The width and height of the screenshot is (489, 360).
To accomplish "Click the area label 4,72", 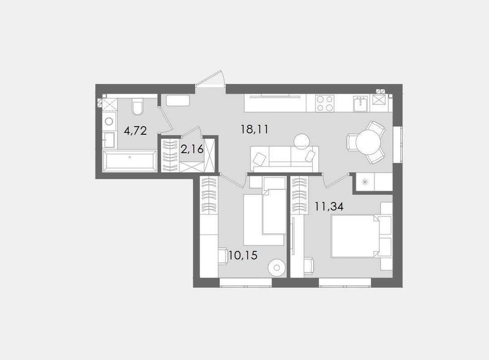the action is pos(135,131).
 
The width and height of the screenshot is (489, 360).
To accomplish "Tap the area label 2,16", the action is pos(192,149).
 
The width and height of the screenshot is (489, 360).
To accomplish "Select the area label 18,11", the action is pos(255,129).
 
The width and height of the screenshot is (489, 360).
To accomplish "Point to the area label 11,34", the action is pos(329,206).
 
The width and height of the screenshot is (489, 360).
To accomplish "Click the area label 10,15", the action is pos(243,255).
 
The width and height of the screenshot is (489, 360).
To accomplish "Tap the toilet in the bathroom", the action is pos(137,106).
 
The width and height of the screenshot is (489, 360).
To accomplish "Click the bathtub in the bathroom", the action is pos(130,160).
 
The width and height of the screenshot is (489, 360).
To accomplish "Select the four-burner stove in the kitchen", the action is pos(324,103).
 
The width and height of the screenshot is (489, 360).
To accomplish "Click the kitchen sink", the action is pos(361,103).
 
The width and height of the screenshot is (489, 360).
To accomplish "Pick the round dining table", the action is pos(368,142).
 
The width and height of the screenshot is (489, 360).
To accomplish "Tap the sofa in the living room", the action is pos(284,159).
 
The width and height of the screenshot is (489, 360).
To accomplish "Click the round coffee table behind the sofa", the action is pos(302,141).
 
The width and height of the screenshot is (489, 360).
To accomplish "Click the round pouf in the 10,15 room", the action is pos(276,267).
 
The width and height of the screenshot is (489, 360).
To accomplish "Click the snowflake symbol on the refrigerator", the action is pos(365,182).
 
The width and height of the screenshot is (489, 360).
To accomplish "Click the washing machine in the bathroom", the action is pos(110,121).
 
